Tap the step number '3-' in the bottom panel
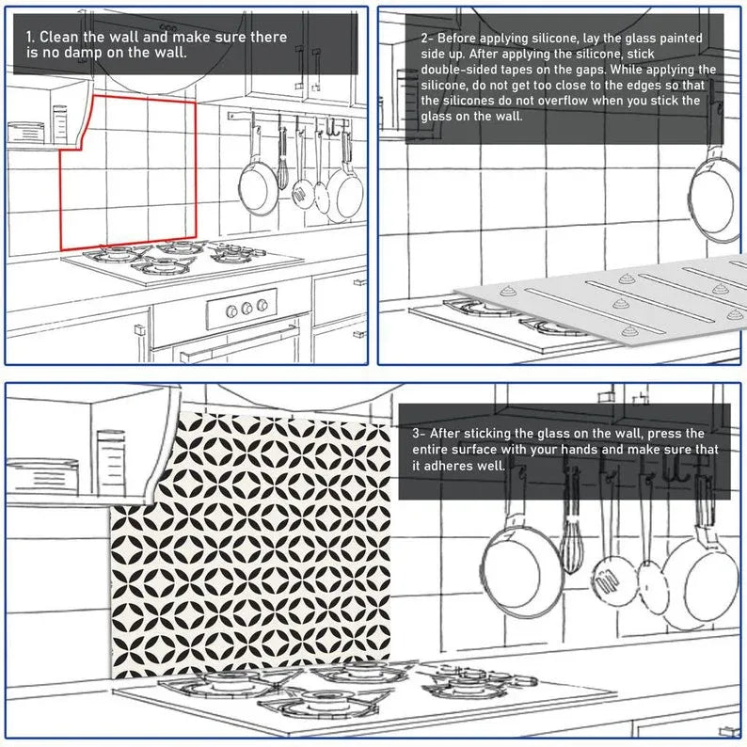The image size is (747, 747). click(420, 434)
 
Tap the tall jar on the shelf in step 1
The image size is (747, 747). click(61, 124)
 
